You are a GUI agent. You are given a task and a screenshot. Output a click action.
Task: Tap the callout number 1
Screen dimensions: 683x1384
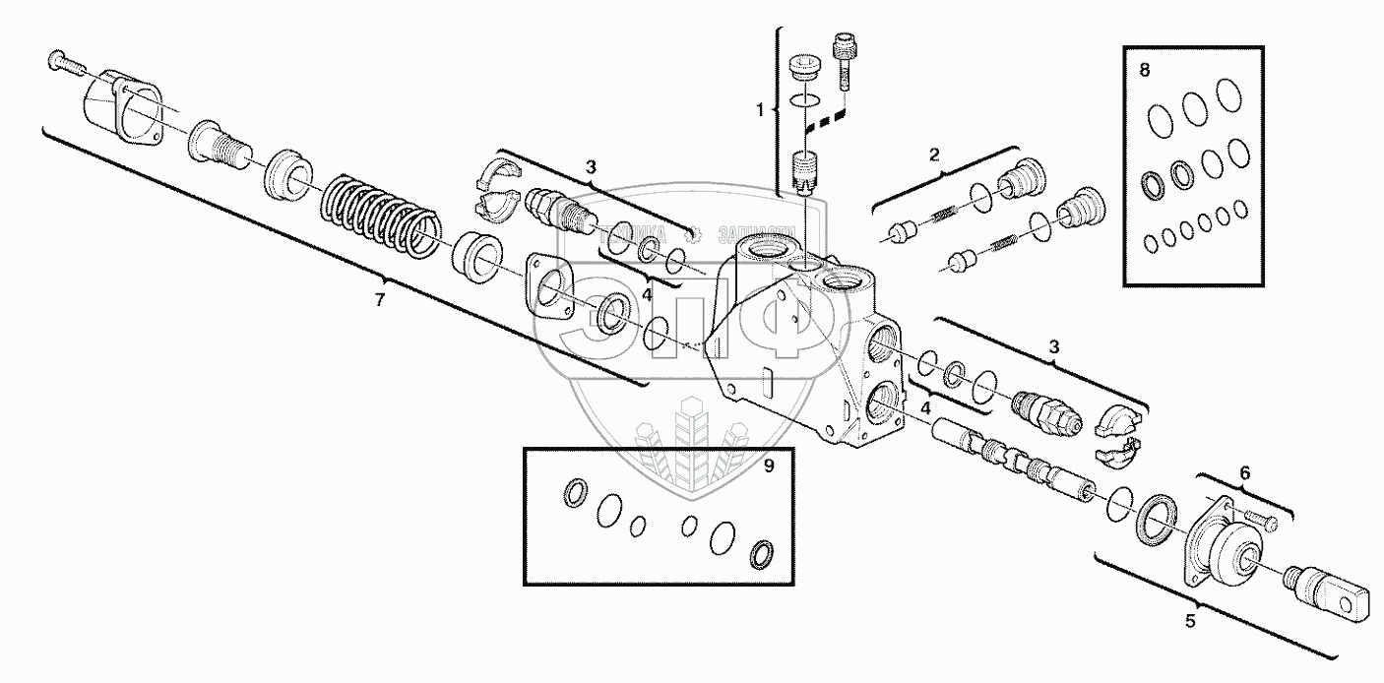(760, 110)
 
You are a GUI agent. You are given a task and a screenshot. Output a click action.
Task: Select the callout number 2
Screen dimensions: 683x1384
(934, 154)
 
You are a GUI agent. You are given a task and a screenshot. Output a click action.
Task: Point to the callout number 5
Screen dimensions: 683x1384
(1190, 621)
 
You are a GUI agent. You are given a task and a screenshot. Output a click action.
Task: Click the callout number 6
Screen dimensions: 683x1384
(1244, 473)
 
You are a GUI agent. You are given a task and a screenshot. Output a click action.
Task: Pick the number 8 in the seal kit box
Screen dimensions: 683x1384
(1144, 70)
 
